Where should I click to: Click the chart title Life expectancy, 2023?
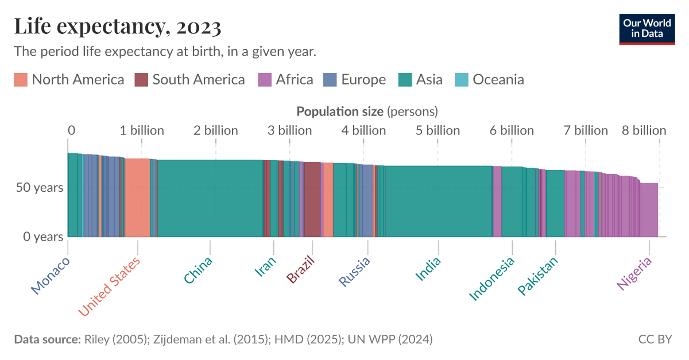tap(118, 26)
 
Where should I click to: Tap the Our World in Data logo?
tap(647, 28)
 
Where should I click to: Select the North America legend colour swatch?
tap(21, 80)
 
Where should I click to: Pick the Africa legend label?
tap(294, 80)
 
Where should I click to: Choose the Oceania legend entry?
tap(498, 80)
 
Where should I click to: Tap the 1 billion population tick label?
tap(142, 131)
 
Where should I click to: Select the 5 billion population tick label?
tap(438, 131)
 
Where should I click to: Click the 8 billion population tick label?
tap(644, 131)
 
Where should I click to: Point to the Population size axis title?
tap(367, 111)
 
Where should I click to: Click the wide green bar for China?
tap(210, 198)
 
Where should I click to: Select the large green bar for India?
tap(438, 201)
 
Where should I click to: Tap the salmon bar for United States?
tap(138, 198)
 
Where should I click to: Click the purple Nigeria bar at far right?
tap(649, 210)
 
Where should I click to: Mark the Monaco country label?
tap(51, 276)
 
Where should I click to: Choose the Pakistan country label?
tap(538, 276)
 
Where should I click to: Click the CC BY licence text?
tap(655, 339)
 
